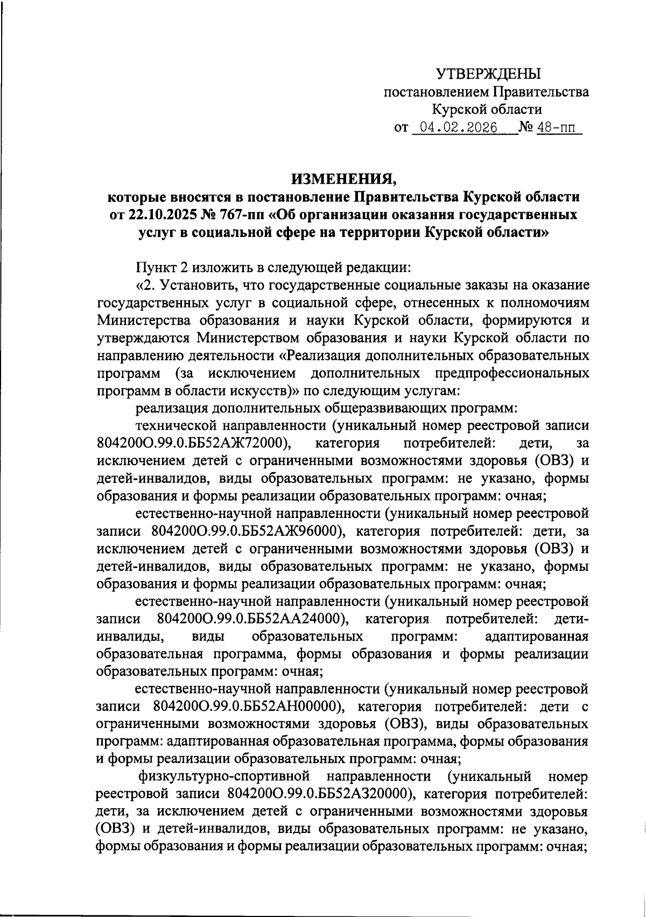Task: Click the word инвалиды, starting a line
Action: [x=130, y=636]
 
